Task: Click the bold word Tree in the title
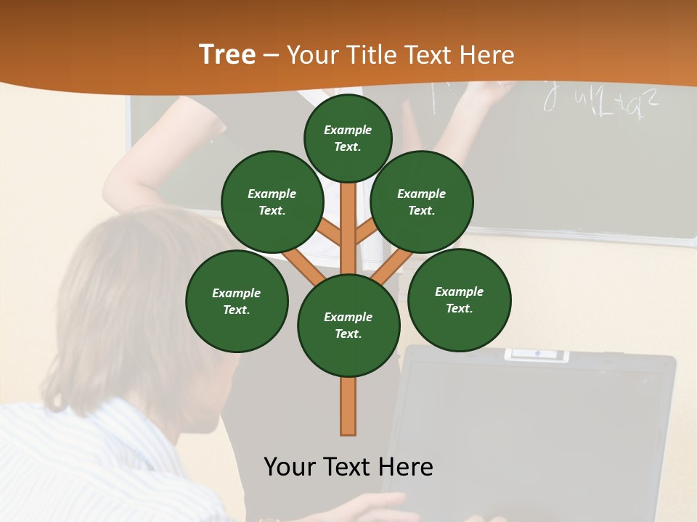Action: click(x=227, y=55)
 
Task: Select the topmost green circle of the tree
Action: click(x=348, y=138)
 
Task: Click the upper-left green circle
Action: click(x=272, y=202)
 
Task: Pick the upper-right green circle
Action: click(x=422, y=202)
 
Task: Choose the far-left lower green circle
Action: click(x=237, y=301)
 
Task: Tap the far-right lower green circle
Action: click(x=459, y=299)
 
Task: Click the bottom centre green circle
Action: click(x=348, y=325)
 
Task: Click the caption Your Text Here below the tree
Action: click(x=348, y=467)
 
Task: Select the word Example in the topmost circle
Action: click(x=348, y=130)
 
